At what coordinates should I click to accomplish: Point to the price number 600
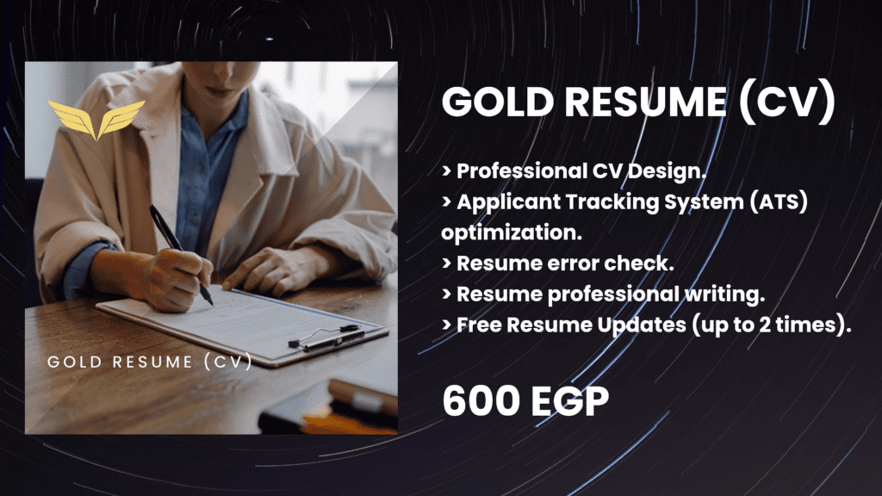[479, 403]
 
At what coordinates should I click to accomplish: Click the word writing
[730, 294]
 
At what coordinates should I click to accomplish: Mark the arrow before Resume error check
[446, 264]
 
